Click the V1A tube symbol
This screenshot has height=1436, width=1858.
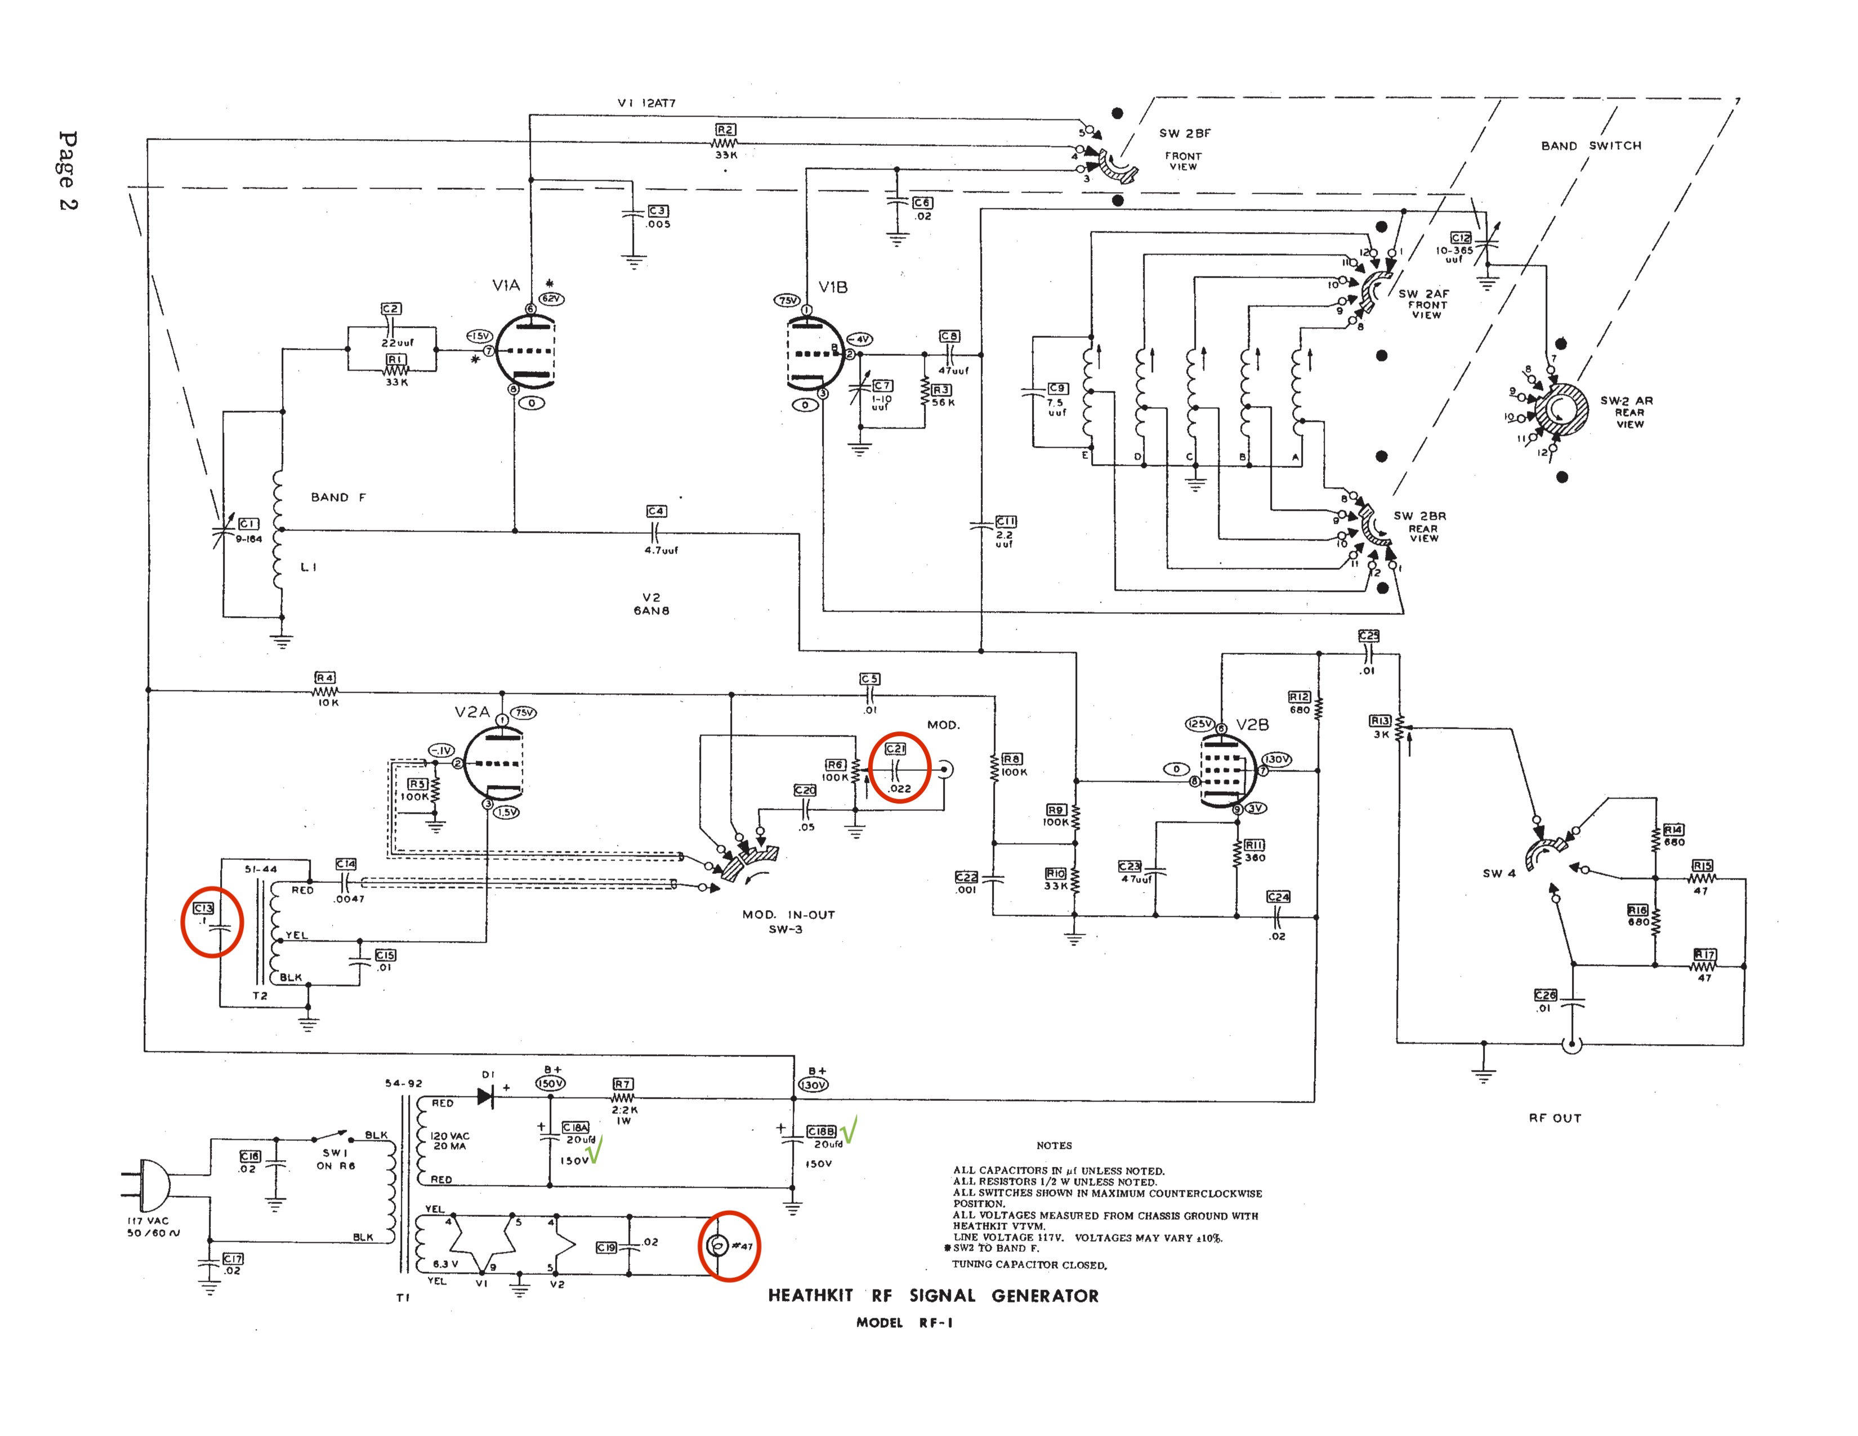click(525, 351)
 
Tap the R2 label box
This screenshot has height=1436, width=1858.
click(725, 130)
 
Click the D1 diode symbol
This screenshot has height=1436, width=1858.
click(486, 1096)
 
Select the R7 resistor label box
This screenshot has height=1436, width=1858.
click(623, 1085)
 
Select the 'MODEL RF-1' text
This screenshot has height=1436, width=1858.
click(904, 1323)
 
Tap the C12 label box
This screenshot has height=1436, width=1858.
click(1461, 238)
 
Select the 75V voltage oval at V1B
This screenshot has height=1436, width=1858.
click(787, 300)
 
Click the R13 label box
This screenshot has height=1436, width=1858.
click(1380, 721)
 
